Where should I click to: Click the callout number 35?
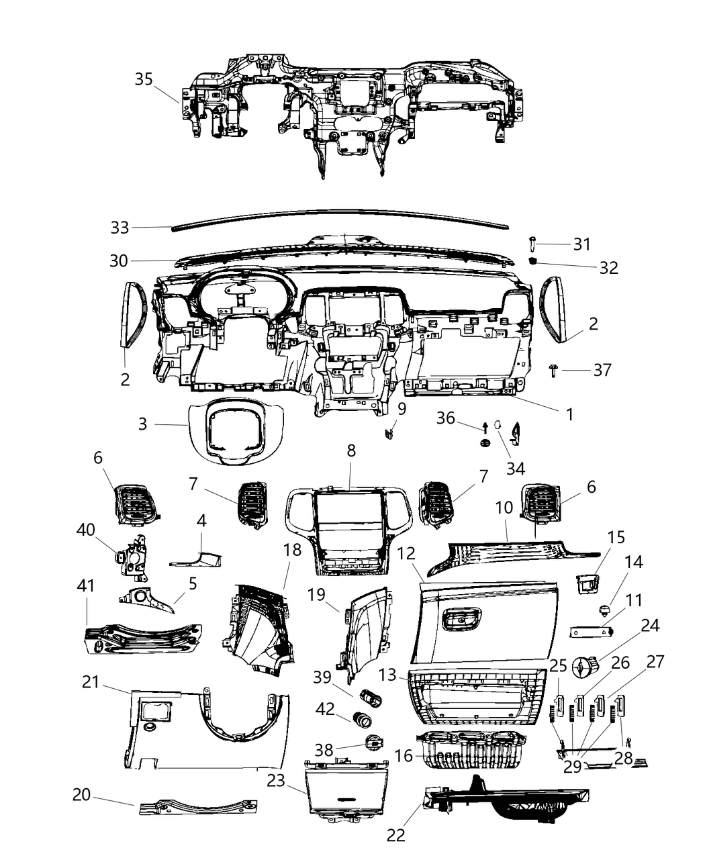[x=144, y=79]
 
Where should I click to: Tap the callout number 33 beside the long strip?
[x=120, y=228]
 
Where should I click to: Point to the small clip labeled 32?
[x=534, y=260]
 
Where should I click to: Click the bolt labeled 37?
[x=554, y=369]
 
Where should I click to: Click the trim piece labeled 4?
[x=198, y=558]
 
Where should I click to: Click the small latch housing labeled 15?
[x=587, y=583]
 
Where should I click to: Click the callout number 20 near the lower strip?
[x=82, y=794]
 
